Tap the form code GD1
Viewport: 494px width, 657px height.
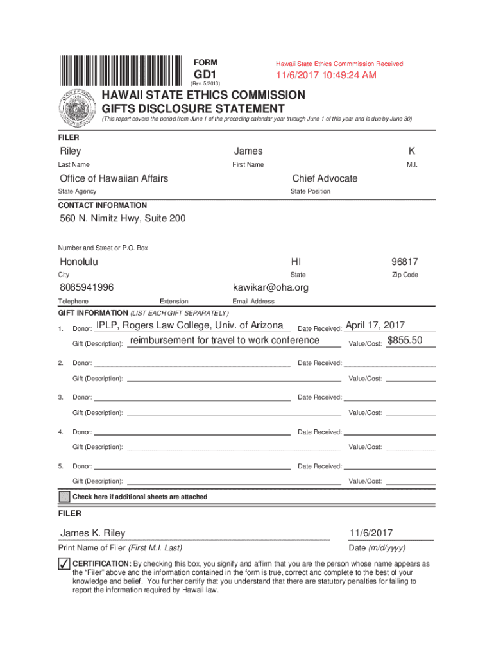pyautogui.click(x=205, y=74)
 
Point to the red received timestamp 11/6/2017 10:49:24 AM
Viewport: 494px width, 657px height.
pyautogui.click(x=326, y=76)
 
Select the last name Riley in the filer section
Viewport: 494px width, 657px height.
pyautogui.click(x=71, y=151)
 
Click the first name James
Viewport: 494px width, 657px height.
pyautogui.click(x=248, y=151)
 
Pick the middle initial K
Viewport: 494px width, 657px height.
pyautogui.click(x=411, y=151)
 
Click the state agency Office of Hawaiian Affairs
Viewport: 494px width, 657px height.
pyautogui.click(x=114, y=178)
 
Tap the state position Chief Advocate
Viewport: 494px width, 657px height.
pyautogui.click(x=325, y=178)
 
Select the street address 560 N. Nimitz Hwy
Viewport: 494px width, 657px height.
pyautogui.click(x=123, y=219)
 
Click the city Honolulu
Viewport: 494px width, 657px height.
pyautogui.click(x=79, y=262)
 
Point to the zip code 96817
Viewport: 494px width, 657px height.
pyautogui.click(x=405, y=262)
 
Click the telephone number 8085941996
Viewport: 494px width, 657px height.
pyautogui.click(x=87, y=287)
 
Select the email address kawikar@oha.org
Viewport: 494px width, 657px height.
pyautogui.click(x=270, y=287)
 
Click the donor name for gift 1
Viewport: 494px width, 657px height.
pyautogui.click(x=189, y=325)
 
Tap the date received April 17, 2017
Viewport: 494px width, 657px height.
pyautogui.click(x=379, y=325)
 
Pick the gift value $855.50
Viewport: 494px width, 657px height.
pyautogui.click(x=405, y=340)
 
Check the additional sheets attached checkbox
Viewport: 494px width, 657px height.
pyautogui.click(x=64, y=497)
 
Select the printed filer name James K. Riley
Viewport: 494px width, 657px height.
pyautogui.click(x=93, y=533)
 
